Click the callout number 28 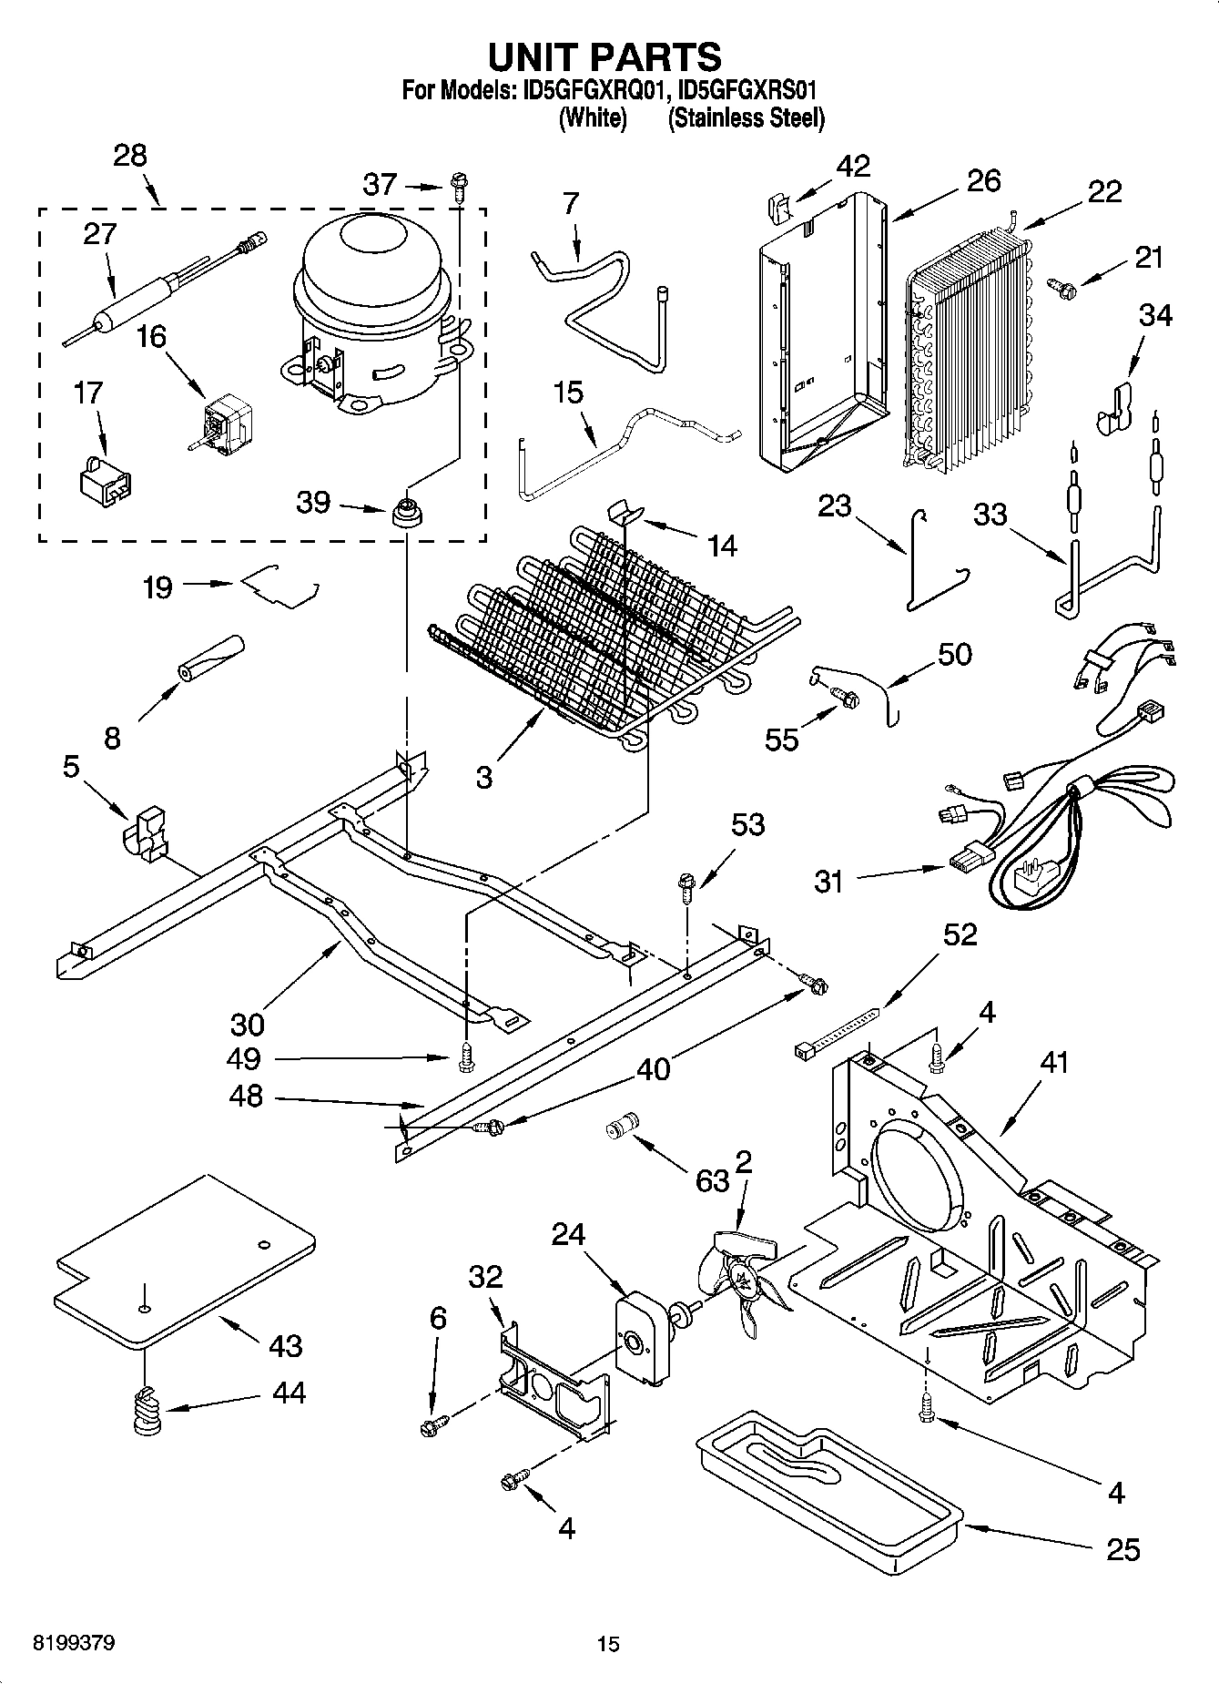click(130, 156)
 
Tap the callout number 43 click(285, 1344)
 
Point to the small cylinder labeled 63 click(624, 1127)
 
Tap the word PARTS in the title click(655, 56)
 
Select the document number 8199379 click(73, 1643)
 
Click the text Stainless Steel click(746, 118)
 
